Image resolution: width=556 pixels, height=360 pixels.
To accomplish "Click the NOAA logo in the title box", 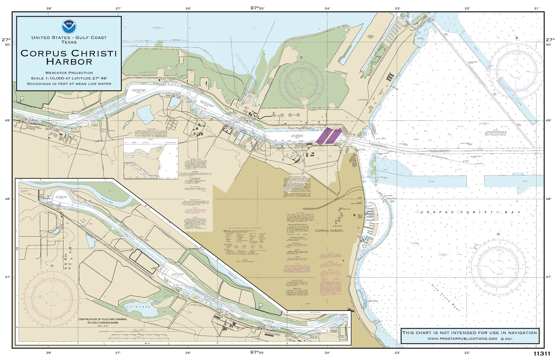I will [x=69, y=26].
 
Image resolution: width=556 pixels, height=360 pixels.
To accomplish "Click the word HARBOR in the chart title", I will [x=69, y=62].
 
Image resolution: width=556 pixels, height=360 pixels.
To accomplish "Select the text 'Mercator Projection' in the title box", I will [x=69, y=73].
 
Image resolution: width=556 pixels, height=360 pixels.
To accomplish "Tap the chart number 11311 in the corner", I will [x=542, y=354].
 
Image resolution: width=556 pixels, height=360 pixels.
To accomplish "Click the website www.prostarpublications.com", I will [x=462, y=339].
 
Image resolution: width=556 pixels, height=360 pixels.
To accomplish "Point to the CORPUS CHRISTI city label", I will [x=329, y=231].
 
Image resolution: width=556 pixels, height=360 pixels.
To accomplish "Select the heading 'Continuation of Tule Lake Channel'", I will [x=103, y=319].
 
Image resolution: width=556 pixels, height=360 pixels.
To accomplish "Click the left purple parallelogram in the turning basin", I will [x=324, y=136].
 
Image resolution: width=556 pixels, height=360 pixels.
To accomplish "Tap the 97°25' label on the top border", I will [x=257, y=8].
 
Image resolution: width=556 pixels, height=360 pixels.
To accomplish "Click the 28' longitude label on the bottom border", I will [x=49, y=353].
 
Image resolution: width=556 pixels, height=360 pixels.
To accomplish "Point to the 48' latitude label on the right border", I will [x=548, y=199].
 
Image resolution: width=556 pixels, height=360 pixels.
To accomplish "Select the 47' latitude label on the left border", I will [x=8, y=277].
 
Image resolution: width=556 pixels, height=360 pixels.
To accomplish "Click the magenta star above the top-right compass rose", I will [x=517, y=38].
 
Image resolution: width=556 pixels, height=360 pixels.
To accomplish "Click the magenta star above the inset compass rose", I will [x=52, y=265].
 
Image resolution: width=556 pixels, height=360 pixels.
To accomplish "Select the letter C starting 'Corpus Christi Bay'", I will [x=422, y=212].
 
